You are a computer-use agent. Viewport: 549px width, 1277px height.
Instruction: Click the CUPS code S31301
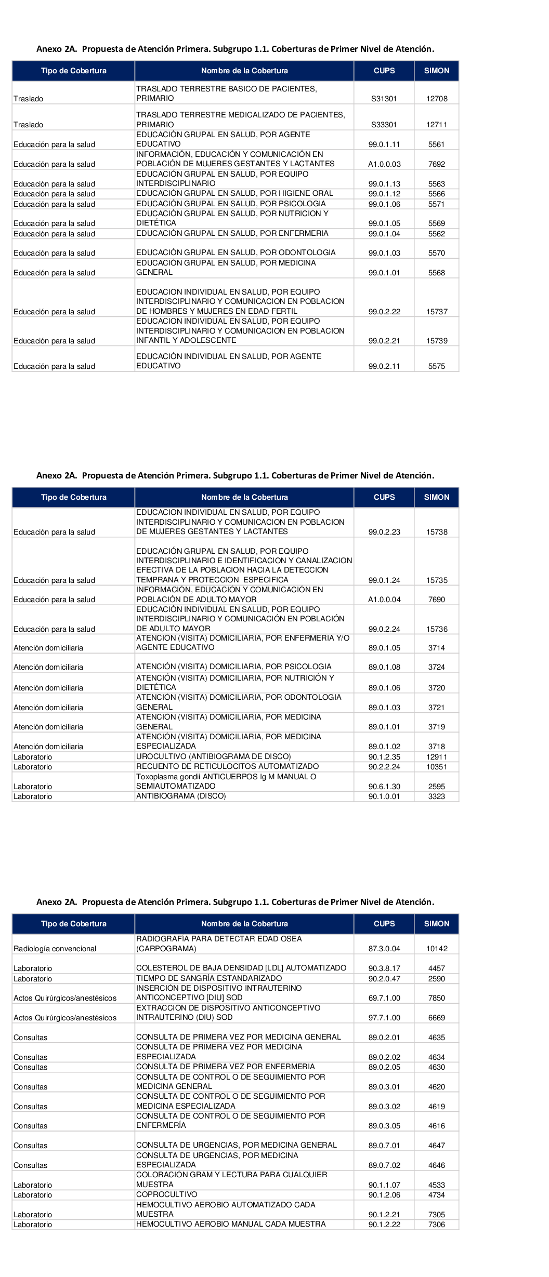click(384, 99)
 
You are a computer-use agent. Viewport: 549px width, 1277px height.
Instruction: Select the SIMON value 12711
click(437, 125)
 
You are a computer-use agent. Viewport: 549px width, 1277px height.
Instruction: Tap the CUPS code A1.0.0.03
click(384, 164)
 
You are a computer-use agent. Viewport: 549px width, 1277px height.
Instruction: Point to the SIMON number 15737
click(437, 312)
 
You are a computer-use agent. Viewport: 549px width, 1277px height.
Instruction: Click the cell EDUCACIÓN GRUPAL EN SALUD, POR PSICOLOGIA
click(231, 204)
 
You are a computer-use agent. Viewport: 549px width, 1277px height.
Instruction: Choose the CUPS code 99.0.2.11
click(384, 366)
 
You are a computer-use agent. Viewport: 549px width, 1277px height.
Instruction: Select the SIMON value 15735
click(437, 580)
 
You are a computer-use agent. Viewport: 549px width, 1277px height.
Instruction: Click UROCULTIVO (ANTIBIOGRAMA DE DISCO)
click(213, 756)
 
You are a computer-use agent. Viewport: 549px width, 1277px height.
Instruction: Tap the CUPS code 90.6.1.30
click(384, 787)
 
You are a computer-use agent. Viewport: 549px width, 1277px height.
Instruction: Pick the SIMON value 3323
click(437, 796)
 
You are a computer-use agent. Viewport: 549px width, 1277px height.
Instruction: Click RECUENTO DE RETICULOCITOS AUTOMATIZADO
click(227, 766)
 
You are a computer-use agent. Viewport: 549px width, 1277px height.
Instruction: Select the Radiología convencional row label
click(55, 949)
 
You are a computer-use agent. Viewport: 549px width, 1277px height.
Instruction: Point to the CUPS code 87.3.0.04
click(384, 949)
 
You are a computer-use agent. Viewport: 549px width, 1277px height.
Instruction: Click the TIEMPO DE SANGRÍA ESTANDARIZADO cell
click(209, 978)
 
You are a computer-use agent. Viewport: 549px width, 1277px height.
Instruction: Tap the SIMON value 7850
click(437, 998)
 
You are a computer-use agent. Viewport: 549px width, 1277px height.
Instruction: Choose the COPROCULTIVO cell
click(166, 1194)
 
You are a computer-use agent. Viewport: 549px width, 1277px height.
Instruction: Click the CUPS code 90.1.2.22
click(384, 1225)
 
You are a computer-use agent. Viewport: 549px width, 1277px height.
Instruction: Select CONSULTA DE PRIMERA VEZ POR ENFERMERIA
click(225, 1067)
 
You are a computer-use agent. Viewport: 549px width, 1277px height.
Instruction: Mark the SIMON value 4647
click(437, 1146)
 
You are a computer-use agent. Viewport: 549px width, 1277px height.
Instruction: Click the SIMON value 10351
click(437, 767)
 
